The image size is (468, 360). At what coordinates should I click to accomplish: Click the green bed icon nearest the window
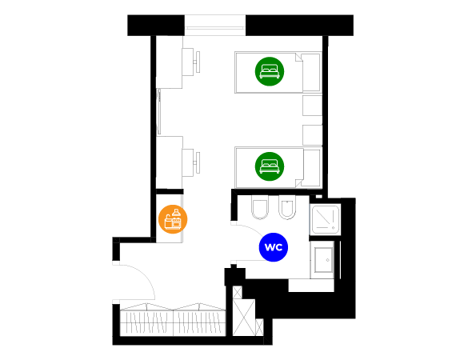pos(270,71)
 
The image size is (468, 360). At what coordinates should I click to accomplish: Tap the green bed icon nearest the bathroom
pos(270,166)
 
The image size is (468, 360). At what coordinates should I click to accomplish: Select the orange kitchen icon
pos(173,219)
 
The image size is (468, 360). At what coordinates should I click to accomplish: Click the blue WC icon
pos(274,247)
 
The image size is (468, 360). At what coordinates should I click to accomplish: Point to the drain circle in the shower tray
pos(333,228)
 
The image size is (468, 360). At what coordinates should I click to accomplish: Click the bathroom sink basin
pos(323,260)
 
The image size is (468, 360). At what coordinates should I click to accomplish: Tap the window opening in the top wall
pos(215,25)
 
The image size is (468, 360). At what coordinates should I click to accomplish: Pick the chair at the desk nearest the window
pos(197,62)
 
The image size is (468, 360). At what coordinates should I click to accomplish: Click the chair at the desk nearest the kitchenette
pos(197,162)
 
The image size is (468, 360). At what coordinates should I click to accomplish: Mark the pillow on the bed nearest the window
pos(311,72)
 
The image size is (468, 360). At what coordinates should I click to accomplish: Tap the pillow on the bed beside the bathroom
pos(312,168)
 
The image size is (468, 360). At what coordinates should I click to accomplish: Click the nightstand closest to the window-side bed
pos(312,106)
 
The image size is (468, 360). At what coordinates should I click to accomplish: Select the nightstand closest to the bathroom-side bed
pos(312,135)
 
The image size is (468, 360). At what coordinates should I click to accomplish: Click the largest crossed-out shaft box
pos(244,318)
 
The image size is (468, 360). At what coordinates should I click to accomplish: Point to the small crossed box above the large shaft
pos(238,292)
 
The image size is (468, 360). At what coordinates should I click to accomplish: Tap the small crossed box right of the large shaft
pos(259,327)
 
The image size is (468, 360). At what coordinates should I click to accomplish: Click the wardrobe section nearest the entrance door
pos(146,320)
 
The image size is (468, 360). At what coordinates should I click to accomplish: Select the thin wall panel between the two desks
pos(158,112)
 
